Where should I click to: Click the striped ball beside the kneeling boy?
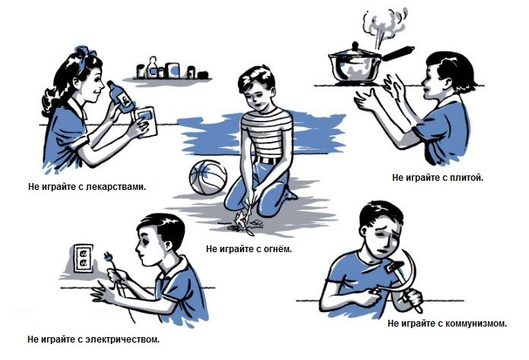[x=208, y=177]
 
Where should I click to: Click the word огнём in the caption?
[x=277, y=249]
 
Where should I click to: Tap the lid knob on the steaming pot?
[x=355, y=45]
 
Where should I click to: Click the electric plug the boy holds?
[x=109, y=257]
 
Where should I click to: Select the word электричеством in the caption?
[x=122, y=339]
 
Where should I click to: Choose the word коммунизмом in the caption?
[x=477, y=324]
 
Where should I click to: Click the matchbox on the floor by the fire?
[x=257, y=222]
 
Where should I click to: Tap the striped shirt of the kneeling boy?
[x=267, y=133]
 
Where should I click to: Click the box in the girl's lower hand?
[x=147, y=122]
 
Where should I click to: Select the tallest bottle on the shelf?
[x=153, y=68]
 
